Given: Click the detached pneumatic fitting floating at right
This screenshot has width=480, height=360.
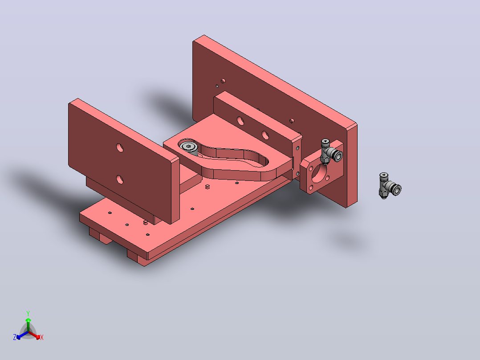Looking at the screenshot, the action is tap(389, 186).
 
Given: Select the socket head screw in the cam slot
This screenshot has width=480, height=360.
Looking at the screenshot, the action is tap(189, 147).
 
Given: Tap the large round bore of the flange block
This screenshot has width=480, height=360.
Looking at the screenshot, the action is tap(319, 173).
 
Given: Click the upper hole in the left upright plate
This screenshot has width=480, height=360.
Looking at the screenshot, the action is tap(120, 148).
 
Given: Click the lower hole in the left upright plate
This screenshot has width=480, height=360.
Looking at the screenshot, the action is tap(120, 180).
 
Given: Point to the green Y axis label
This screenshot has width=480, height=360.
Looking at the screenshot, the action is tap(28, 313).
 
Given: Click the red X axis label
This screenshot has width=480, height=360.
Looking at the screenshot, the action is tap(42, 337).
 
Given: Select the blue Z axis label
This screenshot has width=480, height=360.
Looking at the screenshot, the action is tap(15, 337).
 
